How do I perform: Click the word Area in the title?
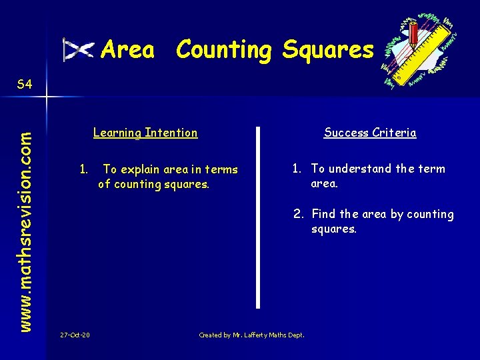tap(127, 49)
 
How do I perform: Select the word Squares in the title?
tap(327, 50)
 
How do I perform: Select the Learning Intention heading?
tap(145, 133)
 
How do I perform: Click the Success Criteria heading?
tap(370, 133)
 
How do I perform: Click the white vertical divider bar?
tap(258, 217)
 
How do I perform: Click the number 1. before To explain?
tap(84, 169)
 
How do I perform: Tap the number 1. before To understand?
tap(298, 169)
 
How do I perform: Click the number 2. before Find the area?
tap(298, 214)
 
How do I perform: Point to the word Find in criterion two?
tap(324, 214)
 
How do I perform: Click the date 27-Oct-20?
tap(75, 335)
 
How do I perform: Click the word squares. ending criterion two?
tap(334, 229)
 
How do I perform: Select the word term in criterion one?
tap(431, 169)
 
